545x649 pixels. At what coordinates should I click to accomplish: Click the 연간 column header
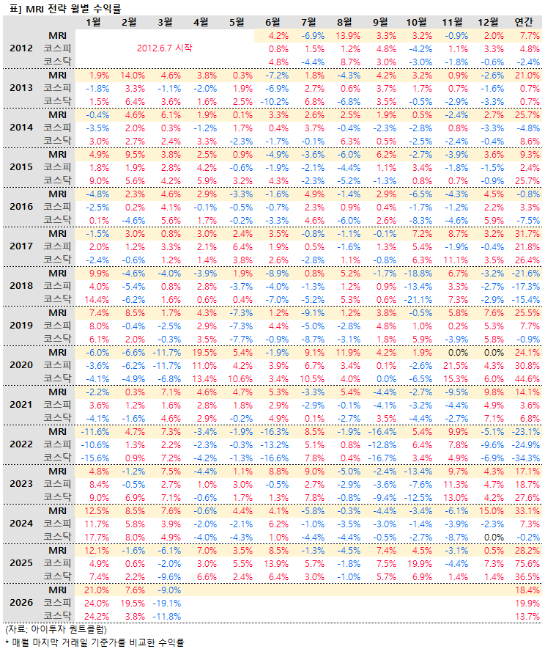(x=524, y=21)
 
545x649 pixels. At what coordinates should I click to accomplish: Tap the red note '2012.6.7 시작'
(x=165, y=48)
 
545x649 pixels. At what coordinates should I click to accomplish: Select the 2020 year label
(x=20, y=365)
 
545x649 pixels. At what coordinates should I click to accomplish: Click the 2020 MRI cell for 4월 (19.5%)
(x=204, y=352)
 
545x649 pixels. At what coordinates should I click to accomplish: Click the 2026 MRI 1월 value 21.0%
(x=96, y=590)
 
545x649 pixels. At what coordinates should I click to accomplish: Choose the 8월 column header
(x=347, y=21)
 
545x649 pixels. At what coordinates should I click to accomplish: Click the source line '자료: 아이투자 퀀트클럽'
(x=55, y=629)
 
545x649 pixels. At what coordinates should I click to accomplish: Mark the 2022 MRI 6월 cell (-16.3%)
(x=275, y=431)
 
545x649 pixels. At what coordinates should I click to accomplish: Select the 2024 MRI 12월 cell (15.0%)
(x=492, y=510)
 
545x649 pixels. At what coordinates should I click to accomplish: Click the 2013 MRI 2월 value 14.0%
(x=133, y=75)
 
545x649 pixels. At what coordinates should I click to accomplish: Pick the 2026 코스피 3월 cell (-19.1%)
(x=168, y=603)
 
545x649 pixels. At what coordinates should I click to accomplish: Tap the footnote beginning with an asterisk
(x=93, y=642)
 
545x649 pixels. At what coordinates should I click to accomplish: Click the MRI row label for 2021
(x=58, y=392)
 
